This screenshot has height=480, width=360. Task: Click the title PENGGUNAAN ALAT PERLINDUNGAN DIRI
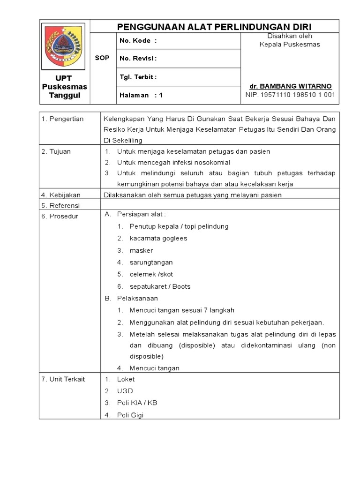pyautogui.click(x=214, y=26)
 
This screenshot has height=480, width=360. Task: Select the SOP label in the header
pyautogui.click(x=102, y=58)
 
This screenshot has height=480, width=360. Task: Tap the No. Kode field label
pyautogui.click(x=138, y=41)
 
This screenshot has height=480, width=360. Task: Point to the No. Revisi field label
pyautogui.click(x=138, y=59)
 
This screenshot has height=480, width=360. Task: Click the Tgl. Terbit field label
pyautogui.click(x=138, y=77)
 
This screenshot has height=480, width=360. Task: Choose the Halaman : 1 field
pyautogui.click(x=141, y=95)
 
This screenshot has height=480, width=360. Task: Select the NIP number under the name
pyautogui.click(x=290, y=95)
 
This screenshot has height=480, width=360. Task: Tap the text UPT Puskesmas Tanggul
pyautogui.click(x=65, y=87)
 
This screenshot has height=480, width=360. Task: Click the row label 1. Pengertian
pyautogui.click(x=63, y=119)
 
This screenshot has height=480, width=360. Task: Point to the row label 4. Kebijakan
pyautogui.click(x=61, y=195)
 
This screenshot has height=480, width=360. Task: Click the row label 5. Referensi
pyautogui.click(x=61, y=205)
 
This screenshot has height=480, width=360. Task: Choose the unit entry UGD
pyautogui.click(x=125, y=391)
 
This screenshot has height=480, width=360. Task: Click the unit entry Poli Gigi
pyautogui.click(x=130, y=415)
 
